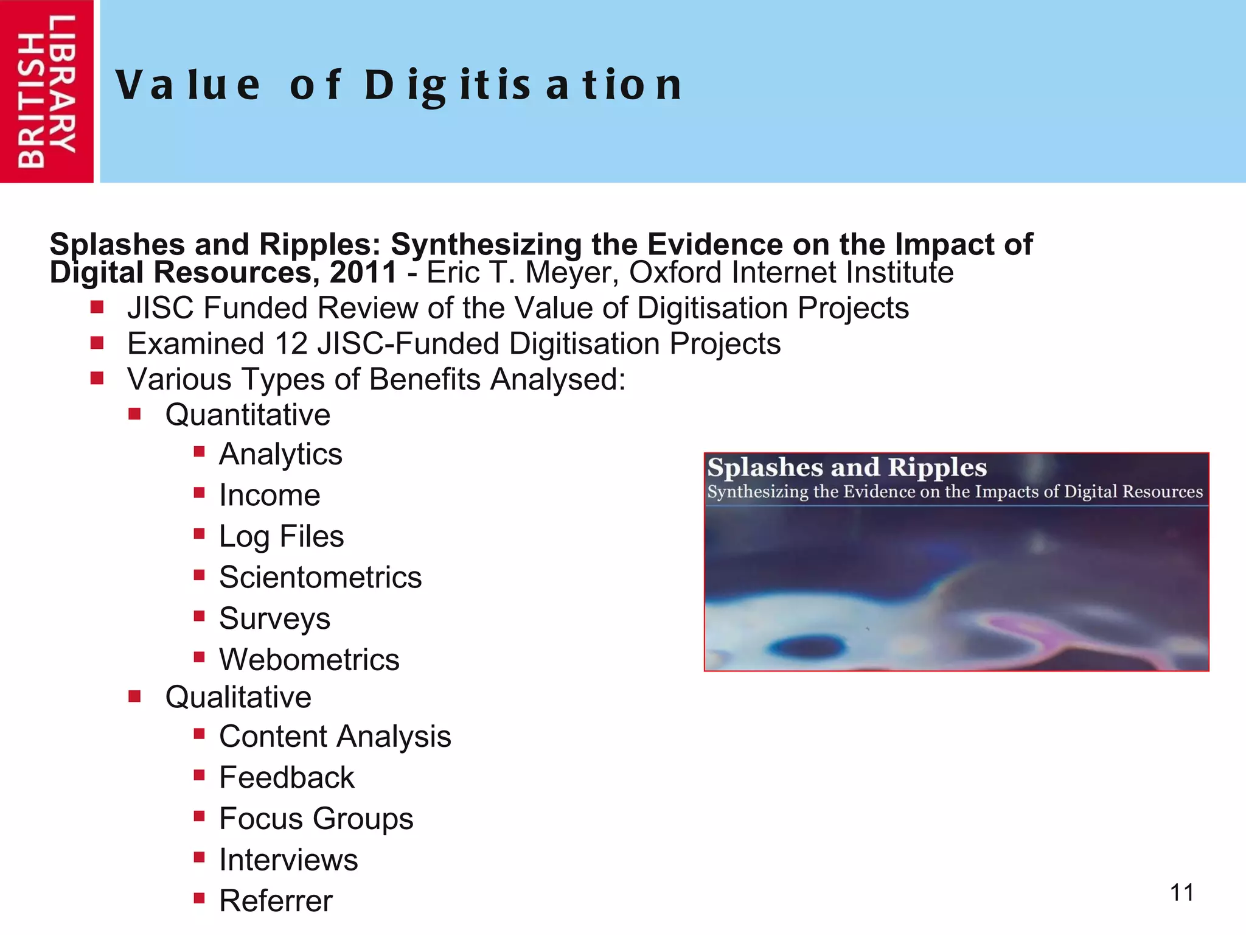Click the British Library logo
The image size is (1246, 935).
pyautogui.click(x=47, y=91)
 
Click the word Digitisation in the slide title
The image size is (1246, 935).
pyautogui.click(x=523, y=85)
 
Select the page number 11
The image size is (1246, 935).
pyautogui.click(x=1182, y=893)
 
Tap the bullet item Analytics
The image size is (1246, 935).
pyautogui.click(x=280, y=454)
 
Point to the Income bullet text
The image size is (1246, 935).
pyautogui.click(x=270, y=495)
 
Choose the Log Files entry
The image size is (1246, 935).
pyautogui.click(x=281, y=536)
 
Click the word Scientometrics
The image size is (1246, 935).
pyautogui.click(x=320, y=577)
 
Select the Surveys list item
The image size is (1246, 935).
pyautogui.click(x=274, y=618)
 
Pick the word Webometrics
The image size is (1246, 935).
pyautogui.click(x=309, y=660)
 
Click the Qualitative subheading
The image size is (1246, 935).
pyautogui.click(x=238, y=697)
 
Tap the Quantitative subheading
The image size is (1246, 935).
pyautogui.click(x=248, y=415)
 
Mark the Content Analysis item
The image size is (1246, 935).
pyautogui.click(x=335, y=737)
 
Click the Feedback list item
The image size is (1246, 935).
pyautogui.click(x=287, y=777)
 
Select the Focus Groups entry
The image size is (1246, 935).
pyautogui.click(x=316, y=819)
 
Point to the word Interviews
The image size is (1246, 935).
pyautogui.click(x=288, y=860)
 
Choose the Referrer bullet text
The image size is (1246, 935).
pyautogui.click(x=276, y=901)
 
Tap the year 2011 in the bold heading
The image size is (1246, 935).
pyautogui.click(x=363, y=272)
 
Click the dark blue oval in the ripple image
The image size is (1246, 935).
pyautogui.click(x=807, y=646)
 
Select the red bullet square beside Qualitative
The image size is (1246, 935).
pyautogui.click(x=134, y=696)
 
